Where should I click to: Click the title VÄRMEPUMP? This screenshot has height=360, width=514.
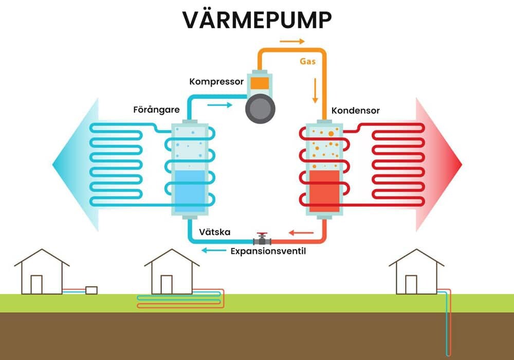(x=257, y=19)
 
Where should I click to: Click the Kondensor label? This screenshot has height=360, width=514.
(x=355, y=110)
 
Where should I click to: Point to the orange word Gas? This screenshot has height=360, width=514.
(x=308, y=61)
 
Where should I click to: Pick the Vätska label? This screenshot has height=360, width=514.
(x=214, y=232)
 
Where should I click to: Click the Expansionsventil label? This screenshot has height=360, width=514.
(x=268, y=251)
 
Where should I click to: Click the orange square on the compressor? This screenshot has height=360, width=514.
(x=260, y=83)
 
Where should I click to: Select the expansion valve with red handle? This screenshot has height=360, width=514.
(x=263, y=239)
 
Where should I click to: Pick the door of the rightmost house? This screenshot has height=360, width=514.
(x=411, y=284)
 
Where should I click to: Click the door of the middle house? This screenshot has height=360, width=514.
(x=166, y=284)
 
